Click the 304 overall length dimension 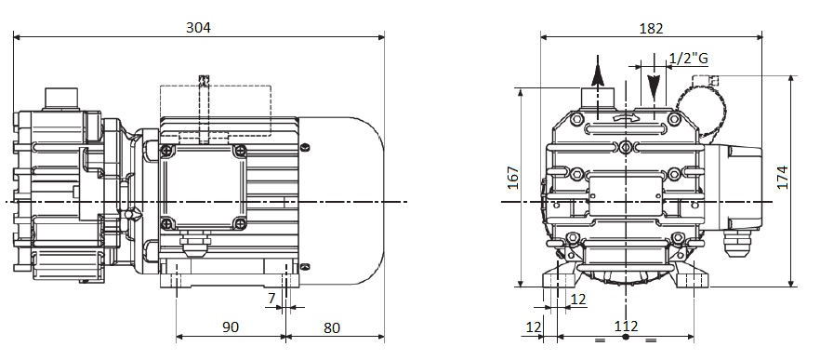199,27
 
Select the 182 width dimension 651,28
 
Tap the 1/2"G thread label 689,59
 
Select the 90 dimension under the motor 231,327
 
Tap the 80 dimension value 333,327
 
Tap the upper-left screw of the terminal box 167,151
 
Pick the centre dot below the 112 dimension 625,339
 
